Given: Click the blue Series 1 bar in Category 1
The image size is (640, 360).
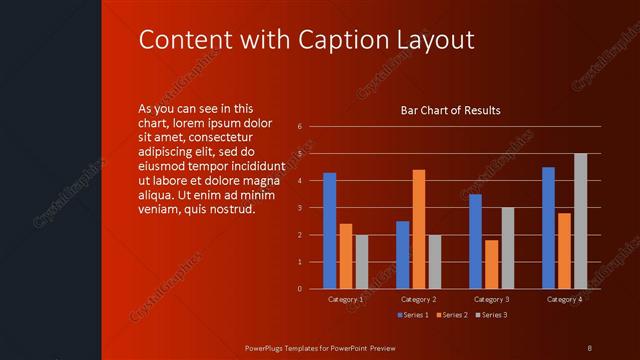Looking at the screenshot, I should point(329,231).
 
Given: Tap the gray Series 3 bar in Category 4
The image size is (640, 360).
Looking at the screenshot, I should point(580,221).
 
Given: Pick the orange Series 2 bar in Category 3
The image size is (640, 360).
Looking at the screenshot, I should point(491,264).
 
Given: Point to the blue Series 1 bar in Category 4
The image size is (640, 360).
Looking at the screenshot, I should point(548,228).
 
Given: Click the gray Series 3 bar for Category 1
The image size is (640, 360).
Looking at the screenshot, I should point(362,262).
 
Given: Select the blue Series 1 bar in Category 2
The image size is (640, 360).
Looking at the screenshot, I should point(402,255).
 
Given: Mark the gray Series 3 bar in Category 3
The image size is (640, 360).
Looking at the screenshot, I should point(508,248).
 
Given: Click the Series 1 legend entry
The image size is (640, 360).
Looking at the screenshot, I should point(413,316).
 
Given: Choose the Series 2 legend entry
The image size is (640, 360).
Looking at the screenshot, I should point(453,316).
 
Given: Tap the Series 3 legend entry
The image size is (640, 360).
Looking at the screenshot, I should point(492,316).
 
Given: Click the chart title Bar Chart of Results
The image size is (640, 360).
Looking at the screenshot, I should point(450,110).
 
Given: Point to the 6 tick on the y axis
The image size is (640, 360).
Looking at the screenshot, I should point(300,127).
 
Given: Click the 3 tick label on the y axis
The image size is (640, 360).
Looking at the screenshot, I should point(300,208).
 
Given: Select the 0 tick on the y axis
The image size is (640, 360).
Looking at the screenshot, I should point(300,289).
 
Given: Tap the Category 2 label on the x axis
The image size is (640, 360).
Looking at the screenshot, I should point(418,299).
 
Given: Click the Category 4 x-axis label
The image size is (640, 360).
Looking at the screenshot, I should point(564,299).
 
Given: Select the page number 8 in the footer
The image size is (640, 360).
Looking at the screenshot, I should point(589,347).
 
